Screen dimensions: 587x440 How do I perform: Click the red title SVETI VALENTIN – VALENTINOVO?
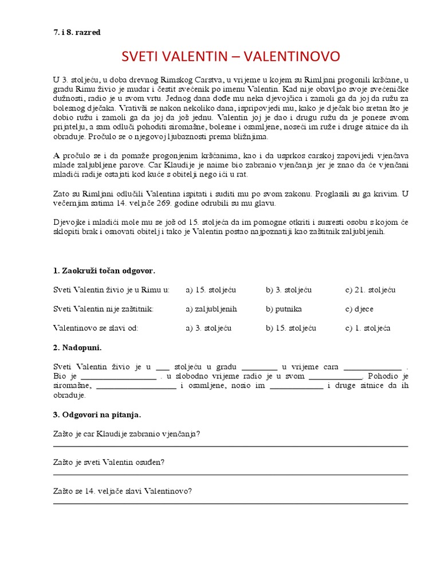231,56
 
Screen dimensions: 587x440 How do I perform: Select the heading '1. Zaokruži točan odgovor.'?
104,271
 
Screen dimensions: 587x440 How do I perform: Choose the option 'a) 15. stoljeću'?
210,290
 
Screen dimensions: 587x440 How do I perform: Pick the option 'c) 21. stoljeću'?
370,290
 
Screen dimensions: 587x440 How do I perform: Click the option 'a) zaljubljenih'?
211,309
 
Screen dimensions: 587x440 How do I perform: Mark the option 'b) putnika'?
284,309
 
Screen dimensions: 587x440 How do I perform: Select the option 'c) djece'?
359,309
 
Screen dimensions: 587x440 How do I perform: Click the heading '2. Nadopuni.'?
77,347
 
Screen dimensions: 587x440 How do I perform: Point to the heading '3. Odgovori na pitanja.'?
97,414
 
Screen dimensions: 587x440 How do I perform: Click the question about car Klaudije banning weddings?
127,433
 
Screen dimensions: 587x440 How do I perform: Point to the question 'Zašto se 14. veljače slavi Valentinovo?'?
122,491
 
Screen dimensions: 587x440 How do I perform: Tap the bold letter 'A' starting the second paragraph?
56,155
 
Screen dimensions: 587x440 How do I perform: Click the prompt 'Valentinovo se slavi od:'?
96,328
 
